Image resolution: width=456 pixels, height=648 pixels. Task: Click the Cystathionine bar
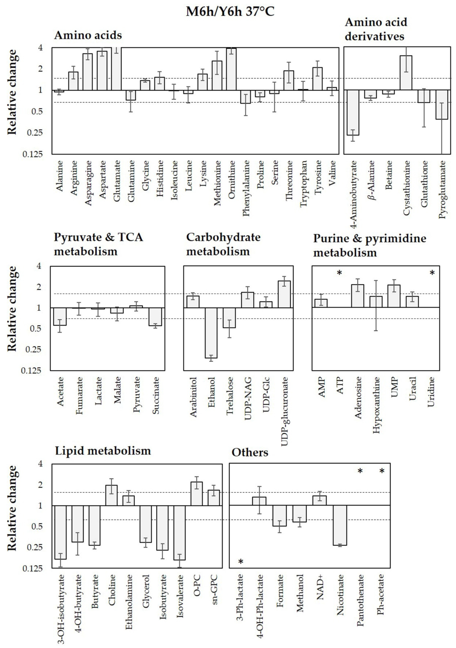click(x=406, y=73)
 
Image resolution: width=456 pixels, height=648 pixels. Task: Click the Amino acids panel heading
click(x=88, y=36)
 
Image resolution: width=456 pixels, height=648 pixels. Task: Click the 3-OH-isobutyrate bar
click(x=60, y=532)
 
